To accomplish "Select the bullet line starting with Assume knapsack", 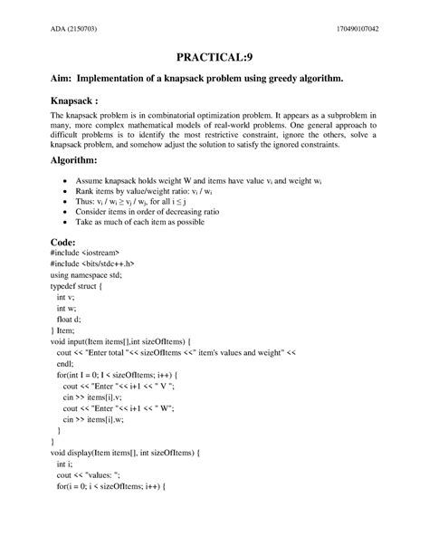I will [202, 181].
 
